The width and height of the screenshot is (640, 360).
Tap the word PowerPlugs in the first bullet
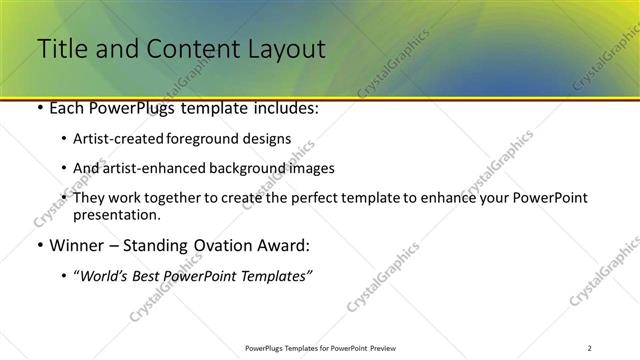[x=129, y=109]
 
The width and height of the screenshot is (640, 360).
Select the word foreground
[x=226, y=140]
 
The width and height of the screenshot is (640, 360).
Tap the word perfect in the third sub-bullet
[x=326, y=197]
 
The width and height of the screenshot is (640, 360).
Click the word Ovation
[x=221, y=245]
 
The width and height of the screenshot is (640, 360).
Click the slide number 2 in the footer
[x=589, y=348]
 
